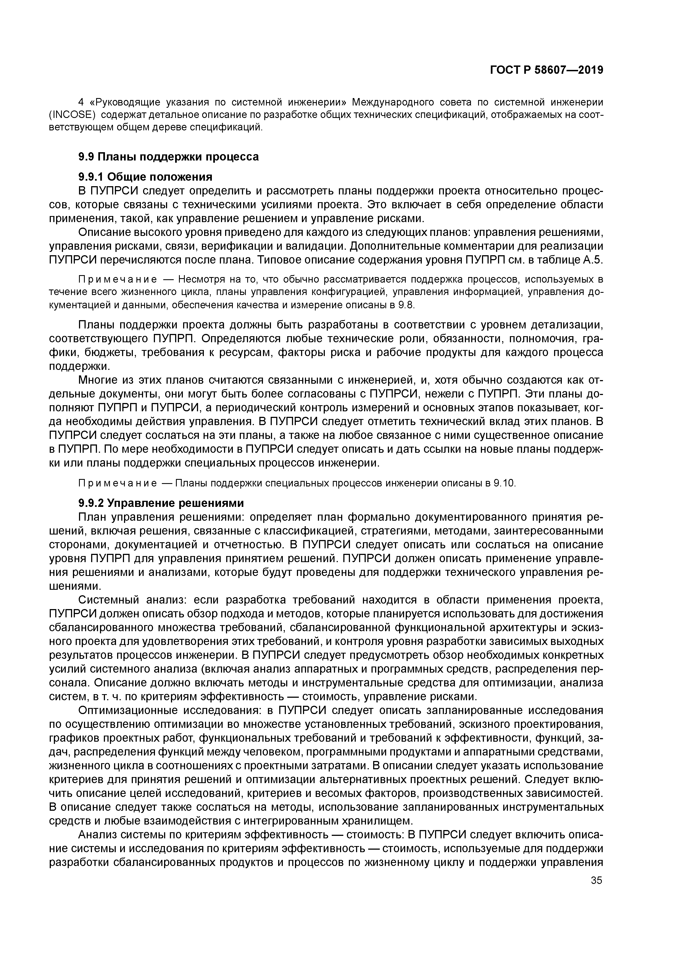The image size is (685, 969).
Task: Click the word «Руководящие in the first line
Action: (125, 102)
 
